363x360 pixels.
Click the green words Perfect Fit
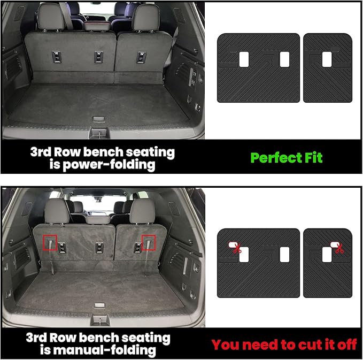tap(287, 158)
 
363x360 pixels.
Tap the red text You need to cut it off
tap(284, 344)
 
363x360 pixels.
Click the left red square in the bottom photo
tap(50, 242)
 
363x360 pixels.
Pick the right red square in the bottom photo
tap(148, 242)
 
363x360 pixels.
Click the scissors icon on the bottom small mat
tap(338, 248)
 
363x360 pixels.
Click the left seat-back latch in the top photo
tap(56, 57)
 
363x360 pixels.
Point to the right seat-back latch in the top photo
tap(141, 57)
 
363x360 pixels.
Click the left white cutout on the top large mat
tap(244, 60)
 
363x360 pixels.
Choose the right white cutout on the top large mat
tap(284, 60)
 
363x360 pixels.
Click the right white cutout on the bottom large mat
tap(284, 255)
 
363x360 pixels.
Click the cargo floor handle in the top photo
tap(99, 119)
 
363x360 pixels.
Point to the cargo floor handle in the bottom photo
tap(99, 306)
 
